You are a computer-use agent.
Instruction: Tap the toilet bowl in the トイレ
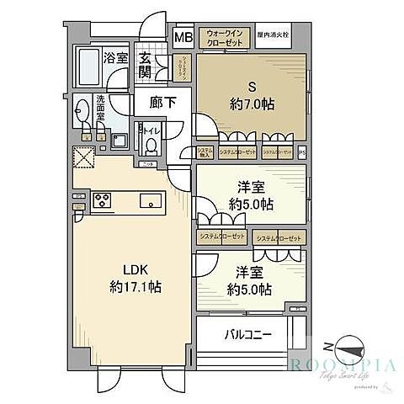(151, 146)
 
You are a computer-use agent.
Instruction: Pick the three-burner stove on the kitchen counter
(104, 200)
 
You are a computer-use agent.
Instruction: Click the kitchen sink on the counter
(151, 200)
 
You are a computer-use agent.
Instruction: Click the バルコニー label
(247, 334)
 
